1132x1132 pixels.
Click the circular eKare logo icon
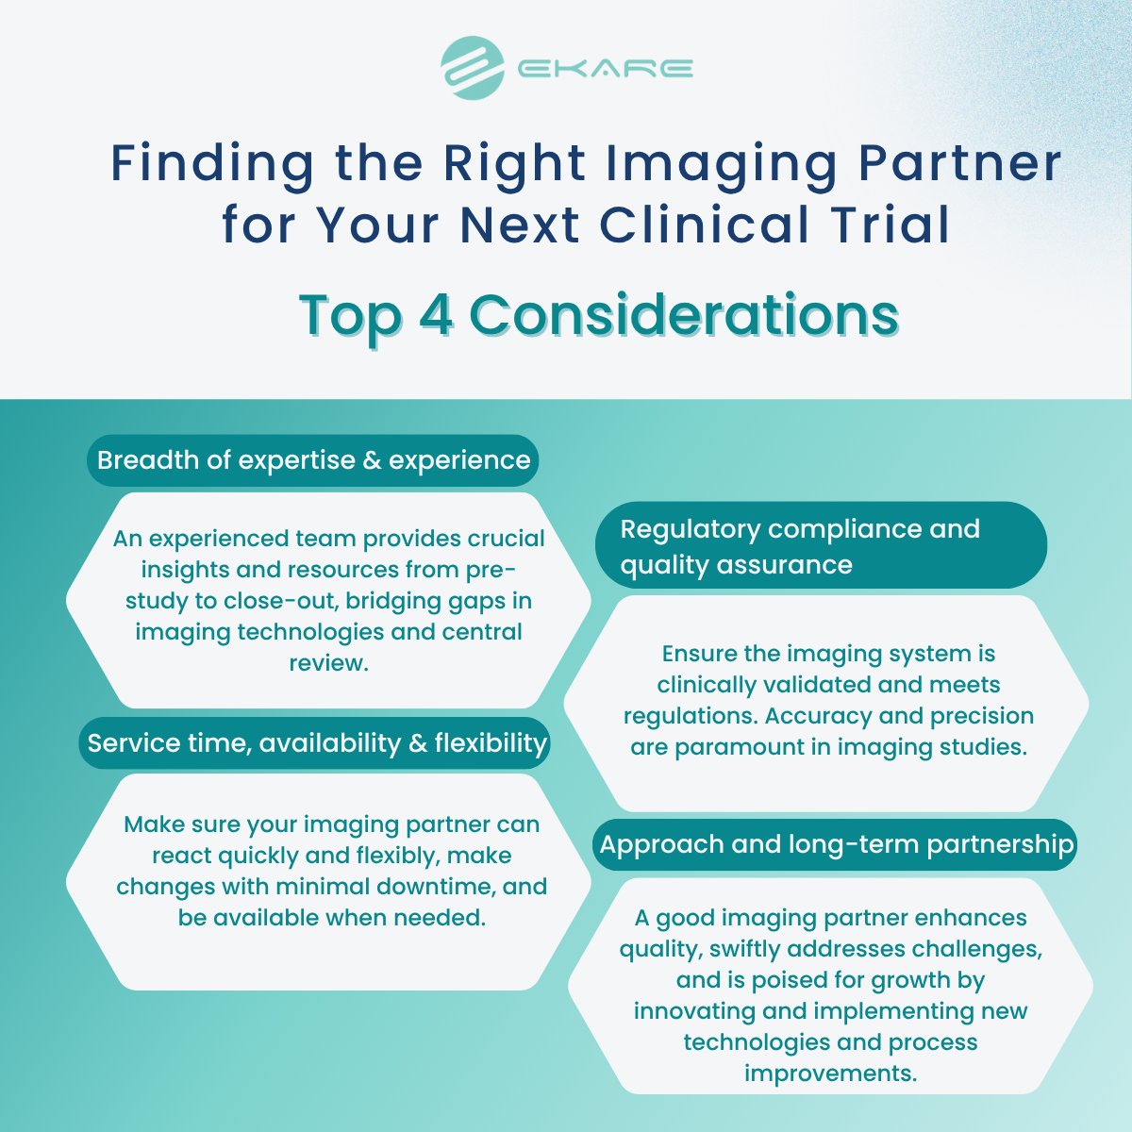tap(473, 68)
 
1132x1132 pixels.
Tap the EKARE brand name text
tap(606, 69)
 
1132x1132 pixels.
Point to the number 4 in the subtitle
tap(435, 315)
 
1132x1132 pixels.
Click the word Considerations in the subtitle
tap(684, 315)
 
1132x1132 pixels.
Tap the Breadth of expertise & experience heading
tap(313, 460)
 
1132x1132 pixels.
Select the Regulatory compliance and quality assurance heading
tap(800, 546)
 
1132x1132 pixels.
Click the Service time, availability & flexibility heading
tap(317, 743)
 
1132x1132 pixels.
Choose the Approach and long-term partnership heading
tap(837, 843)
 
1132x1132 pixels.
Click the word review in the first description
tap(326, 662)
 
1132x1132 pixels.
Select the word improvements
tap(830, 1074)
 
